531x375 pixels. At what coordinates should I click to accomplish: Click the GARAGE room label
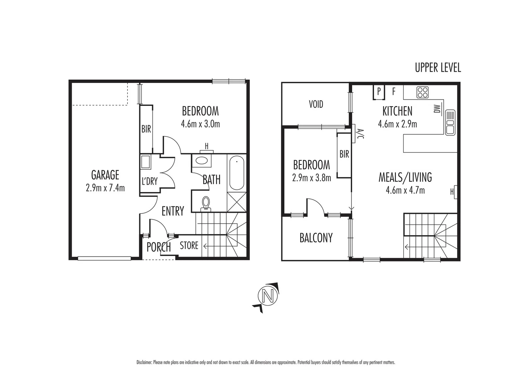click(105, 175)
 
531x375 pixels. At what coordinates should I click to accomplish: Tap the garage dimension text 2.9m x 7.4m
click(105, 188)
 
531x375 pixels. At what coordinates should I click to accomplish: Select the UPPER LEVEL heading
click(438, 68)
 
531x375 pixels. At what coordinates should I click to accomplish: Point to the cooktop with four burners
click(423, 92)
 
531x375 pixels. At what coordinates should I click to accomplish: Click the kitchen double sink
click(450, 122)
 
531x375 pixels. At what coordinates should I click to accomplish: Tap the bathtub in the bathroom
click(237, 173)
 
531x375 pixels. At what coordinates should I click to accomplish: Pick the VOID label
click(316, 104)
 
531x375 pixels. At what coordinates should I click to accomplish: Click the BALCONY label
click(316, 238)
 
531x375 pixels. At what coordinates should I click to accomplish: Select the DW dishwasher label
click(437, 109)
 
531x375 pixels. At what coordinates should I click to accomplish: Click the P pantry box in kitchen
click(379, 92)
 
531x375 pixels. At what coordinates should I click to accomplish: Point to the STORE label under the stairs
click(189, 246)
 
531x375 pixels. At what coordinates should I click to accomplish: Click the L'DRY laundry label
click(149, 181)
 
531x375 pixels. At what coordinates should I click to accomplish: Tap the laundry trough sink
click(145, 162)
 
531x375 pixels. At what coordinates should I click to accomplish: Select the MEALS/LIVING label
click(405, 177)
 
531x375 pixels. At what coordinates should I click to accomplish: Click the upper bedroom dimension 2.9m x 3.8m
click(312, 178)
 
